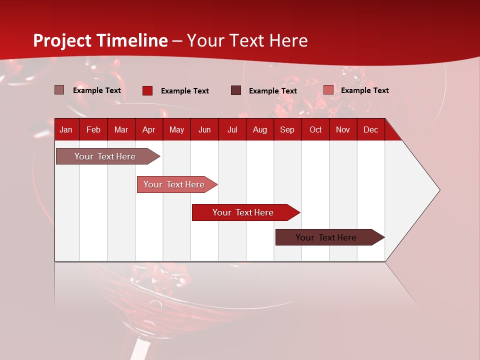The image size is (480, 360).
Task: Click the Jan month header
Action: [x=66, y=130]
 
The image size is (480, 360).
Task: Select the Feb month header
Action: [x=93, y=130]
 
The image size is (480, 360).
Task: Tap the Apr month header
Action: [x=148, y=130]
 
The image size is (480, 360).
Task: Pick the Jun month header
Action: [x=204, y=130]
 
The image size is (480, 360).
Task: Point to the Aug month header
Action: [x=260, y=130]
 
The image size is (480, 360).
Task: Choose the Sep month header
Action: [x=287, y=130]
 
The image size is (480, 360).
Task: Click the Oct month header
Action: [x=315, y=130]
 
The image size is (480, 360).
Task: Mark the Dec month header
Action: [x=370, y=130]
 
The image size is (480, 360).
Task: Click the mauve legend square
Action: [x=59, y=90]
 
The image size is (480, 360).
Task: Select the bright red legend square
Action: [x=147, y=90]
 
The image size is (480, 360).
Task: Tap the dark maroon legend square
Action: [x=236, y=90]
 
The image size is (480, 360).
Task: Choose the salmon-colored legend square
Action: [x=328, y=90]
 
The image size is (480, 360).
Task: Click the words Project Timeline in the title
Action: [x=100, y=40]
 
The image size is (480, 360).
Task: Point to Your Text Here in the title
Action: [x=247, y=40]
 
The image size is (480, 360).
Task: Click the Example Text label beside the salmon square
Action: [x=364, y=90]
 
